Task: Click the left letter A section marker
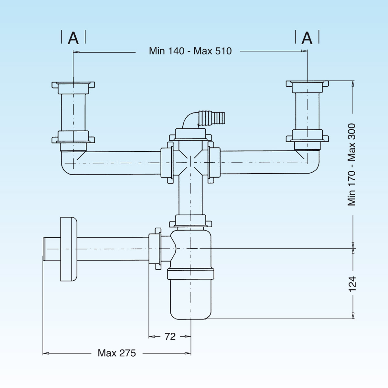tap(73, 38)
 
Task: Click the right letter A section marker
tap(307, 38)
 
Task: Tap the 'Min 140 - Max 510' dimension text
tap(190, 51)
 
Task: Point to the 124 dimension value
tap(352, 284)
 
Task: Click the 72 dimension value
tap(170, 337)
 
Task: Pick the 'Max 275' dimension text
tap(117, 353)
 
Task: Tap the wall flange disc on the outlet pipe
tap(69, 249)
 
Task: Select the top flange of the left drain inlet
tap(73, 85)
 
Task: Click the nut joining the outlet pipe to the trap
tap(155, 249)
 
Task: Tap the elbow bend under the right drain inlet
tap(311, 163)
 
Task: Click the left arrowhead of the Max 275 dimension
tap(46, 353)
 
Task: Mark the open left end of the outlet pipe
tap(44, 249)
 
